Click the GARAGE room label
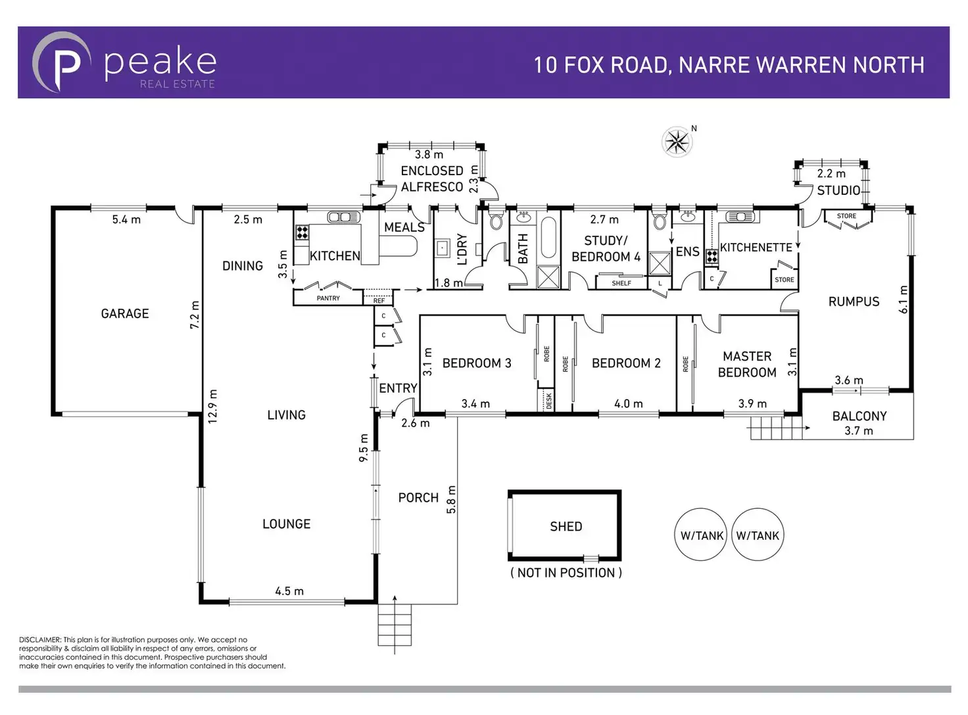tap(125, 314)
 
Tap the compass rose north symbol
tap(677, 142)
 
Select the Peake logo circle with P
tap(62, 63)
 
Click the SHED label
tap(566, 527)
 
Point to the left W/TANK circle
tap(702, 535)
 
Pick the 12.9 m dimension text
tap(212, 406)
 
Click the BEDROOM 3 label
tap(476, 363)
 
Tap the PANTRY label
tap(328, 298)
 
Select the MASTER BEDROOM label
tap(747, 364)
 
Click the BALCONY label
tap(859, 416)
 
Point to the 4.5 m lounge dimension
tap(289, 591)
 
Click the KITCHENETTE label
tap(756, 248)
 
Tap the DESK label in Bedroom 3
tap(548, 401)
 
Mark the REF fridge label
tap(379, 301)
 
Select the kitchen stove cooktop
tap(302, 232)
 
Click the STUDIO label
tap(838, 190)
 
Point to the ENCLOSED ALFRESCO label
tap(432, 178)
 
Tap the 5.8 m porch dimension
tap(451, 499)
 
